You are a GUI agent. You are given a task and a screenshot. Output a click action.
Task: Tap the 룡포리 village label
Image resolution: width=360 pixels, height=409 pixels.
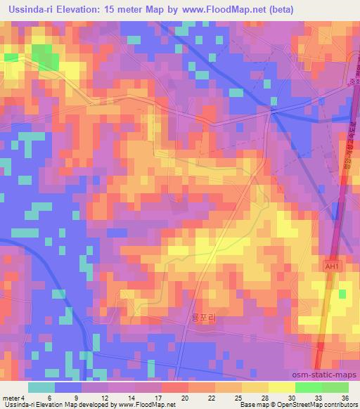point(201,318)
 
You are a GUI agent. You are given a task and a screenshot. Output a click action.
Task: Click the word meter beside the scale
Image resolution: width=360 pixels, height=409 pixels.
point(11,397)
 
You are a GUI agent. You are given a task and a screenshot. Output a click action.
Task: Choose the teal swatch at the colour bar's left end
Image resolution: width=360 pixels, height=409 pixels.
point(41,387)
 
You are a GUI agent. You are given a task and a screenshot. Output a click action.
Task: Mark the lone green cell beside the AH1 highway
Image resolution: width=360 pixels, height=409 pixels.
point(344,294)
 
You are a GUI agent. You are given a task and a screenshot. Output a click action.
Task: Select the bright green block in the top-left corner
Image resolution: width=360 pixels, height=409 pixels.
point(44,54)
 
